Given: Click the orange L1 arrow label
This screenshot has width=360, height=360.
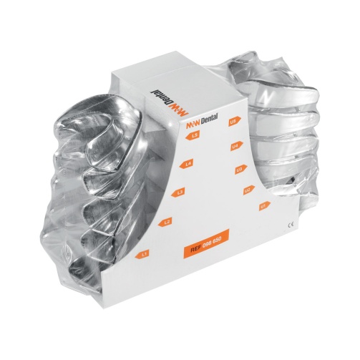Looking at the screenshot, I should pos(143,253).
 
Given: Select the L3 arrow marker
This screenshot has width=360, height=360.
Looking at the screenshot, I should pos(180,193).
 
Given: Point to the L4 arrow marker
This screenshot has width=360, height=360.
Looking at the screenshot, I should pos(188,165).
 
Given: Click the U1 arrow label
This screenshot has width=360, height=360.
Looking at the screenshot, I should pos(263,205).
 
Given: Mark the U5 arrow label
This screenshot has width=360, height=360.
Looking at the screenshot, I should pos(233,122).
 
